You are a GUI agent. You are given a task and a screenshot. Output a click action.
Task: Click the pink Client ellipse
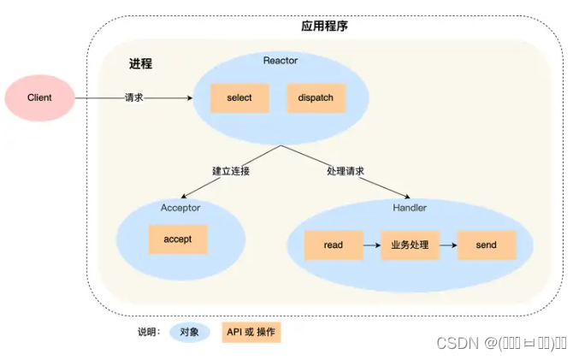39,97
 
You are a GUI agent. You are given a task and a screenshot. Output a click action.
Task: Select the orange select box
239,97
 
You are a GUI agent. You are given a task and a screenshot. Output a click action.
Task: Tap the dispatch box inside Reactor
316,97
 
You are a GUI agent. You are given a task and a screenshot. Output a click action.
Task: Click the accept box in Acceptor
178,239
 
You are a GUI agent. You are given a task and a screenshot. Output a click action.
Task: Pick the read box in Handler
334,245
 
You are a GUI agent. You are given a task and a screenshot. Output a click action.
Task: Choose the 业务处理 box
410,245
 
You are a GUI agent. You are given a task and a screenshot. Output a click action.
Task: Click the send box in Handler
487,245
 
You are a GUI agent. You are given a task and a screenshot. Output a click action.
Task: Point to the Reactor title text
280,60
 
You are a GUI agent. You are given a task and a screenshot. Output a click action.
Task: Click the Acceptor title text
180,208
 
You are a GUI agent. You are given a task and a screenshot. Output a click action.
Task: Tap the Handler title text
409,208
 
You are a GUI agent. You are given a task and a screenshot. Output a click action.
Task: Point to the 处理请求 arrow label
346,171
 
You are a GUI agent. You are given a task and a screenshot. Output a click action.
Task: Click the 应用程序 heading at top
324,27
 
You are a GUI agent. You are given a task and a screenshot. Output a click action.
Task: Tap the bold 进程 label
140,64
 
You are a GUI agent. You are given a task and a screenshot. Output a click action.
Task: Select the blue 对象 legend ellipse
190,332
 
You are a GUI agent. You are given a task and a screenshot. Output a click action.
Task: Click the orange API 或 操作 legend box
251,332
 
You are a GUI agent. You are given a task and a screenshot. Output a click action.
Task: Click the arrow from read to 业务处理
371,245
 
